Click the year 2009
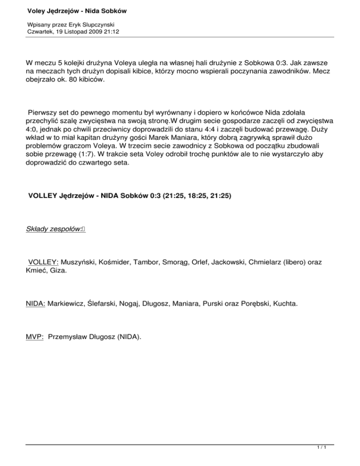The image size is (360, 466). tap(98, 31)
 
